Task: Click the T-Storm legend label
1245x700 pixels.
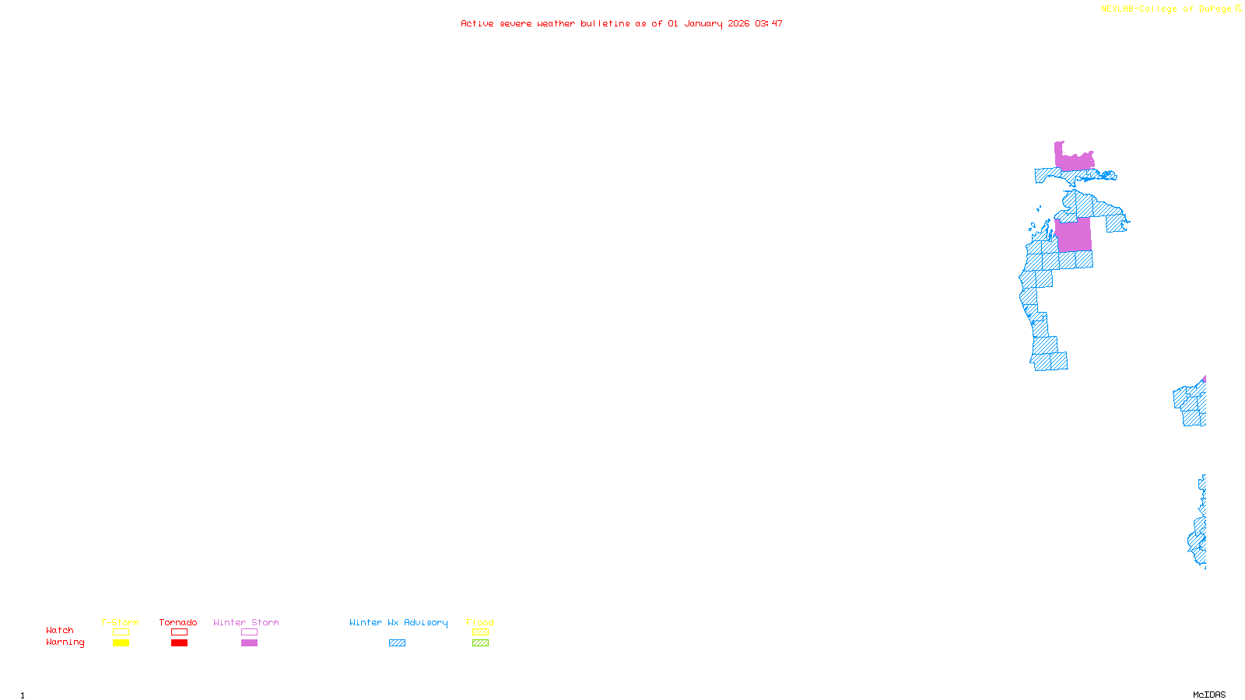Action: point(120,622)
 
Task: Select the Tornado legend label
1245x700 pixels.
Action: point(178,622)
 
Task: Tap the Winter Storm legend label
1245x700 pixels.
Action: point(246,622)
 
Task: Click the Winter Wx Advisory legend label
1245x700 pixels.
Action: point(398,622)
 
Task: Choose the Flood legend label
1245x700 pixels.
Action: point(480,622)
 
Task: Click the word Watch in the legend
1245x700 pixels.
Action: point(60,630)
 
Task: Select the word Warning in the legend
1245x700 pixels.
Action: point(65,642)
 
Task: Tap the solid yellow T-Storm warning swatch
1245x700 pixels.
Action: point(121,643)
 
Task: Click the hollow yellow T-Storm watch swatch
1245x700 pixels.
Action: point(121,632)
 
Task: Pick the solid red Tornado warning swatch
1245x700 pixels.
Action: point(179,643)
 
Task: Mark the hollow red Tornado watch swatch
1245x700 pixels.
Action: point(179,632)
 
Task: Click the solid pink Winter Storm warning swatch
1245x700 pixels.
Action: point(249,643)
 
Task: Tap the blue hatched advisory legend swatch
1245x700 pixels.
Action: point(397,643)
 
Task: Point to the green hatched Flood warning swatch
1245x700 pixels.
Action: point(480,643)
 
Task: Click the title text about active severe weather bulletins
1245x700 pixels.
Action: point(621,23)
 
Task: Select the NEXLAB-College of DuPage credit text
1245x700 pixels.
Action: point(1170,9)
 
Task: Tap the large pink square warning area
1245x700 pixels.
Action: point(1073,234)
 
